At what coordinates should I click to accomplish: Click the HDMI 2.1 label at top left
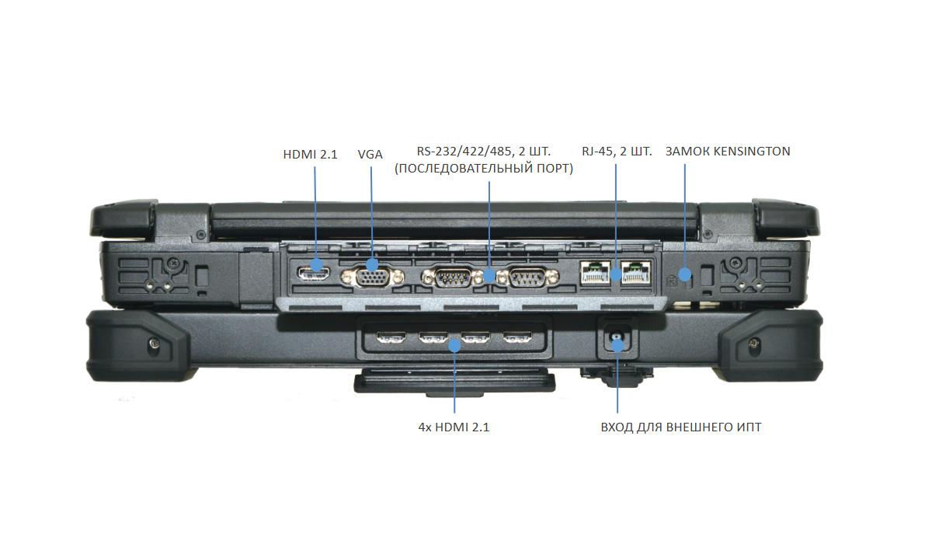(x=310, y=154)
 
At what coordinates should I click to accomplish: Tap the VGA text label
(x=370, y=154)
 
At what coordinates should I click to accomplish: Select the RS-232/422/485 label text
(x=483, y=152)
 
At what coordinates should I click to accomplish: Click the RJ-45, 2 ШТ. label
(x=617, y=152)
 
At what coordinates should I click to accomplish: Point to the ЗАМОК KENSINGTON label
(x=728, y=152)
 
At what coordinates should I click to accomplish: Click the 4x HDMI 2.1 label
(x=454, y=427)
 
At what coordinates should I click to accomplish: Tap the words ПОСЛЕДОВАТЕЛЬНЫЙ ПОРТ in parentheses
(x=483, y=169)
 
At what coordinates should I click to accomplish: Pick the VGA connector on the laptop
(x=372, y=277)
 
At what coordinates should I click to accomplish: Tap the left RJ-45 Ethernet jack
(x=594, y=273)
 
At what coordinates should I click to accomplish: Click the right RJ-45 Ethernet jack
(x=636, y=273)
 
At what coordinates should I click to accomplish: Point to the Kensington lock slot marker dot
(x=684, y=274)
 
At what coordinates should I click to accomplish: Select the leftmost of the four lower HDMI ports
(x=390, y=339)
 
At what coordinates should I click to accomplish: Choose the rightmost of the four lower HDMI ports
(x=516, y=339)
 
